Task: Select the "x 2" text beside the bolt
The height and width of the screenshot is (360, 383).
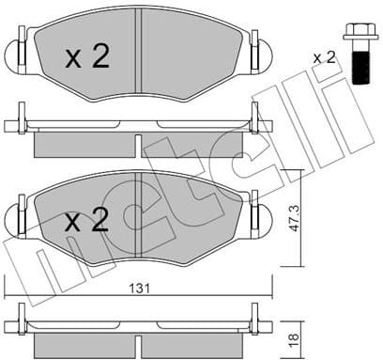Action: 324,57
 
